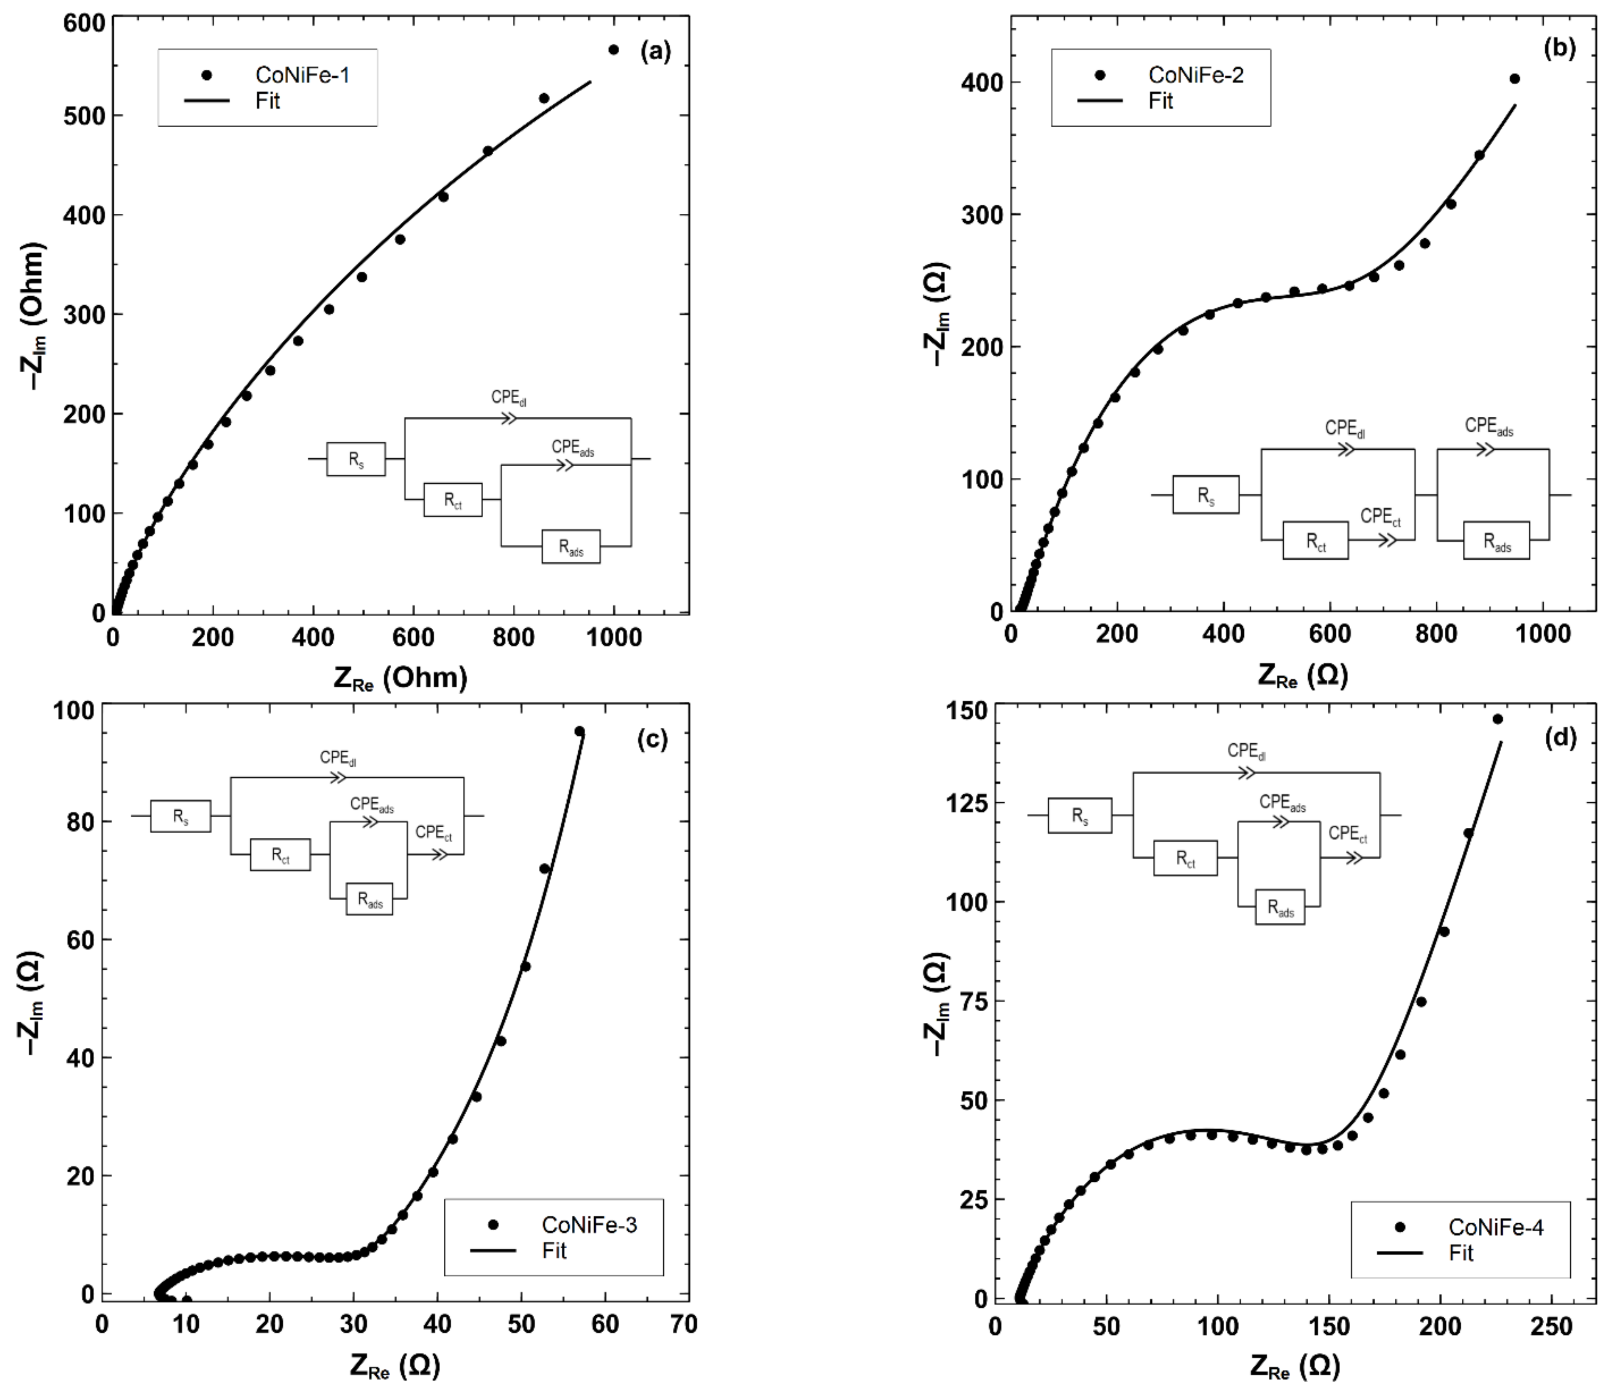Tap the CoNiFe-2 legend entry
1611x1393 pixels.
(x=1195, y=75)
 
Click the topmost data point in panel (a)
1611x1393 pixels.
(x=613, y=50)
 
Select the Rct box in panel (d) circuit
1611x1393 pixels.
(x=1185, y=858)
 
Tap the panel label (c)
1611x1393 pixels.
(x=652, y=740)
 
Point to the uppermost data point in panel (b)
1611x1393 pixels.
(x=1514, y=79)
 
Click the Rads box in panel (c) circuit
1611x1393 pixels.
(x=369, y=900)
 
